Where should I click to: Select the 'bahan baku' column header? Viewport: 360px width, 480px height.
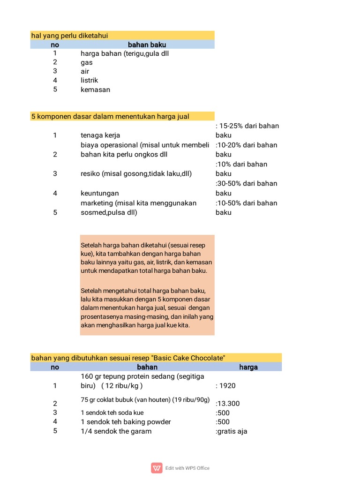(147, 45)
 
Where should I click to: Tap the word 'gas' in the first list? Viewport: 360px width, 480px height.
(87, 62)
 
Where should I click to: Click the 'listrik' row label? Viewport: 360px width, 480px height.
(89, 80)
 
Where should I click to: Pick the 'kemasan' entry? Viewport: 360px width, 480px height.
(95, 89)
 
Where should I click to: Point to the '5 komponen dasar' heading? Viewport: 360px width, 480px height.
(110, 116)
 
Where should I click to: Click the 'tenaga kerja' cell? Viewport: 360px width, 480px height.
(100, 135)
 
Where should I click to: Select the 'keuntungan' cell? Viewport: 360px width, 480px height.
(99, 193)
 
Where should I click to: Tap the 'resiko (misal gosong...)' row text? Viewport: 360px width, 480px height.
(136, 173)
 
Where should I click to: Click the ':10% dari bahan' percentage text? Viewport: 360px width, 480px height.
(241, 164)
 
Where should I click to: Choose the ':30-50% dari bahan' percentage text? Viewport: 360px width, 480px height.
(246, 183)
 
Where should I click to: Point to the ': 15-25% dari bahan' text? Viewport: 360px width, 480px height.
(247, 126)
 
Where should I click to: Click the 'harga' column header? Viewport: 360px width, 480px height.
(248, 367)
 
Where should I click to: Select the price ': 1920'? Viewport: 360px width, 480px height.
(225, 386)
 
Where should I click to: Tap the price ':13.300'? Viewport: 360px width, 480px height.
(227, 404)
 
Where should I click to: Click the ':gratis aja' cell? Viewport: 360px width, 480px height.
(231, 431)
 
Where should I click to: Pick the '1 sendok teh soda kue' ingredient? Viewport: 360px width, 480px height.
(112, 412)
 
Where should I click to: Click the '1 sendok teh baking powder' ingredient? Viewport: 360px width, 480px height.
(126, 422)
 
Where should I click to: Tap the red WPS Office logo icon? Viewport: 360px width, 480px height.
(157, 468)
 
